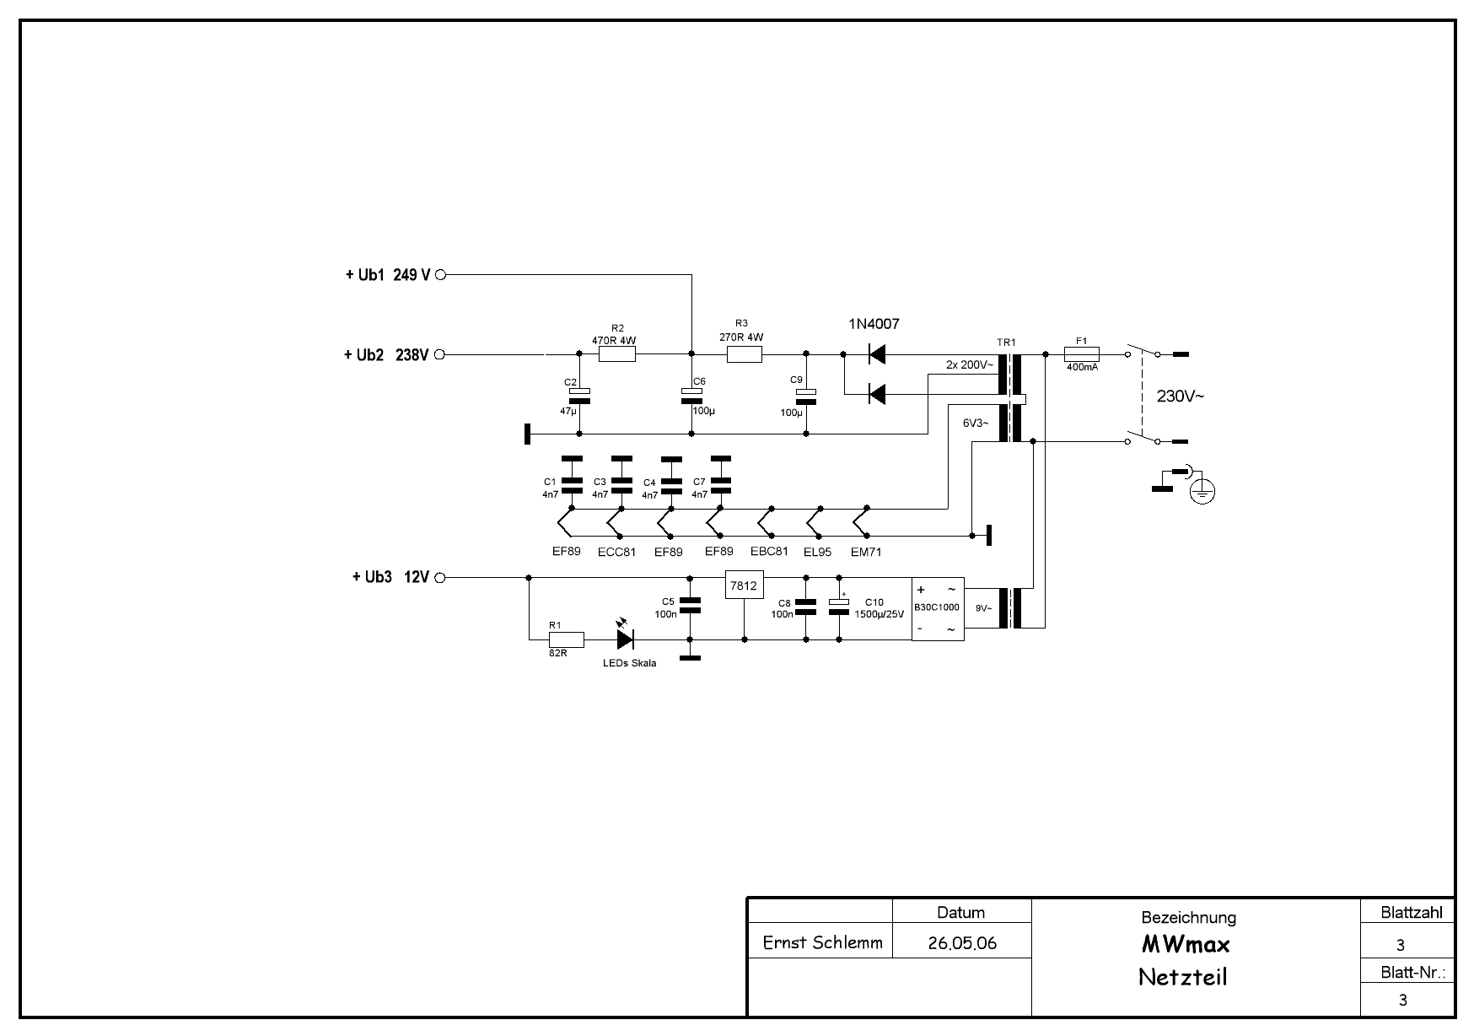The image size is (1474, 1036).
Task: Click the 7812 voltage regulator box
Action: coord(744,585)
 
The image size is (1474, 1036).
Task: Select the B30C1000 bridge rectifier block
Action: coord(937,608)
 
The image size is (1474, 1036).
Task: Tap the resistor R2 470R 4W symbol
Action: coord(616,355)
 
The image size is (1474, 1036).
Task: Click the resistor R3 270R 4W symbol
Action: coord(744,355)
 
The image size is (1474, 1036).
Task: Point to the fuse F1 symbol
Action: coord(1082,355)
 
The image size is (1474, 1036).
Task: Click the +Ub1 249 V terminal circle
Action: coord(439,275)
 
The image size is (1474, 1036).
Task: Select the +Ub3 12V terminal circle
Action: coord(439,578)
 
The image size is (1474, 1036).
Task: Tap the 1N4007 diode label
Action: coord(874,324)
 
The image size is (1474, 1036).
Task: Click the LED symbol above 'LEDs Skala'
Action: coord(626,639)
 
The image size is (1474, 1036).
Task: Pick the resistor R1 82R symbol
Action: coord(566,639)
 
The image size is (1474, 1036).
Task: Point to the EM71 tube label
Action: coord(866,553)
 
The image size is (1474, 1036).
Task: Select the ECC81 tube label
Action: coord(616,553)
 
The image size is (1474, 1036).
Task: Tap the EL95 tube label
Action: coord(817,553)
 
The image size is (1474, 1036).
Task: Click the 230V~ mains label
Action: coord(1180,396)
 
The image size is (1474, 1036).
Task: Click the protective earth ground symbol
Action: coord(1202,490)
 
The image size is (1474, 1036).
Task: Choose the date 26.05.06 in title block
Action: coord(961,943)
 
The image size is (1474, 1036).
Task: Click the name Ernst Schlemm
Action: coord(822,942)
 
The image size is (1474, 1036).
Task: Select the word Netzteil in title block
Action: coord(1182,977)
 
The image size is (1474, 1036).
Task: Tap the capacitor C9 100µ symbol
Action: coord(806,397)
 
